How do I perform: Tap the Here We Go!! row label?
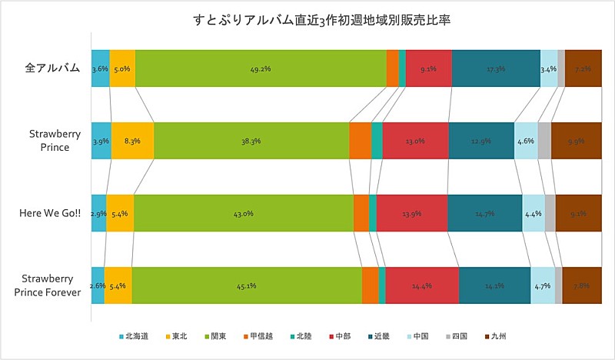(50, 213)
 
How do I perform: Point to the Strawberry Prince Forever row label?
(50, 285)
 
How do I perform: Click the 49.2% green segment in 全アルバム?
(261, 68)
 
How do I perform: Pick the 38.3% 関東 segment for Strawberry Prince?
(251, 141)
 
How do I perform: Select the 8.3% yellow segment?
(132, 141)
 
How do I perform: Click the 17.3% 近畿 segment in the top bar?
(496, 68)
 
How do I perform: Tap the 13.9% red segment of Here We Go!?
(411, 213)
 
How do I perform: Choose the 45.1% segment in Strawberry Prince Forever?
(246, 285)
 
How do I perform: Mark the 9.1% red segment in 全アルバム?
(428, 68)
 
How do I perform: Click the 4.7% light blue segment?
(542, 285)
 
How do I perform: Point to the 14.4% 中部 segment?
(422, 285)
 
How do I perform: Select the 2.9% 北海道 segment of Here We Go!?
(98, 213)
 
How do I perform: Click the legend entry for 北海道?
(134, 336)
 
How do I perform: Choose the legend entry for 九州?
(497, 336)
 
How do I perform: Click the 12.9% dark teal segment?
(480, 141)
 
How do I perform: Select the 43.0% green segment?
(243, 213)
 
